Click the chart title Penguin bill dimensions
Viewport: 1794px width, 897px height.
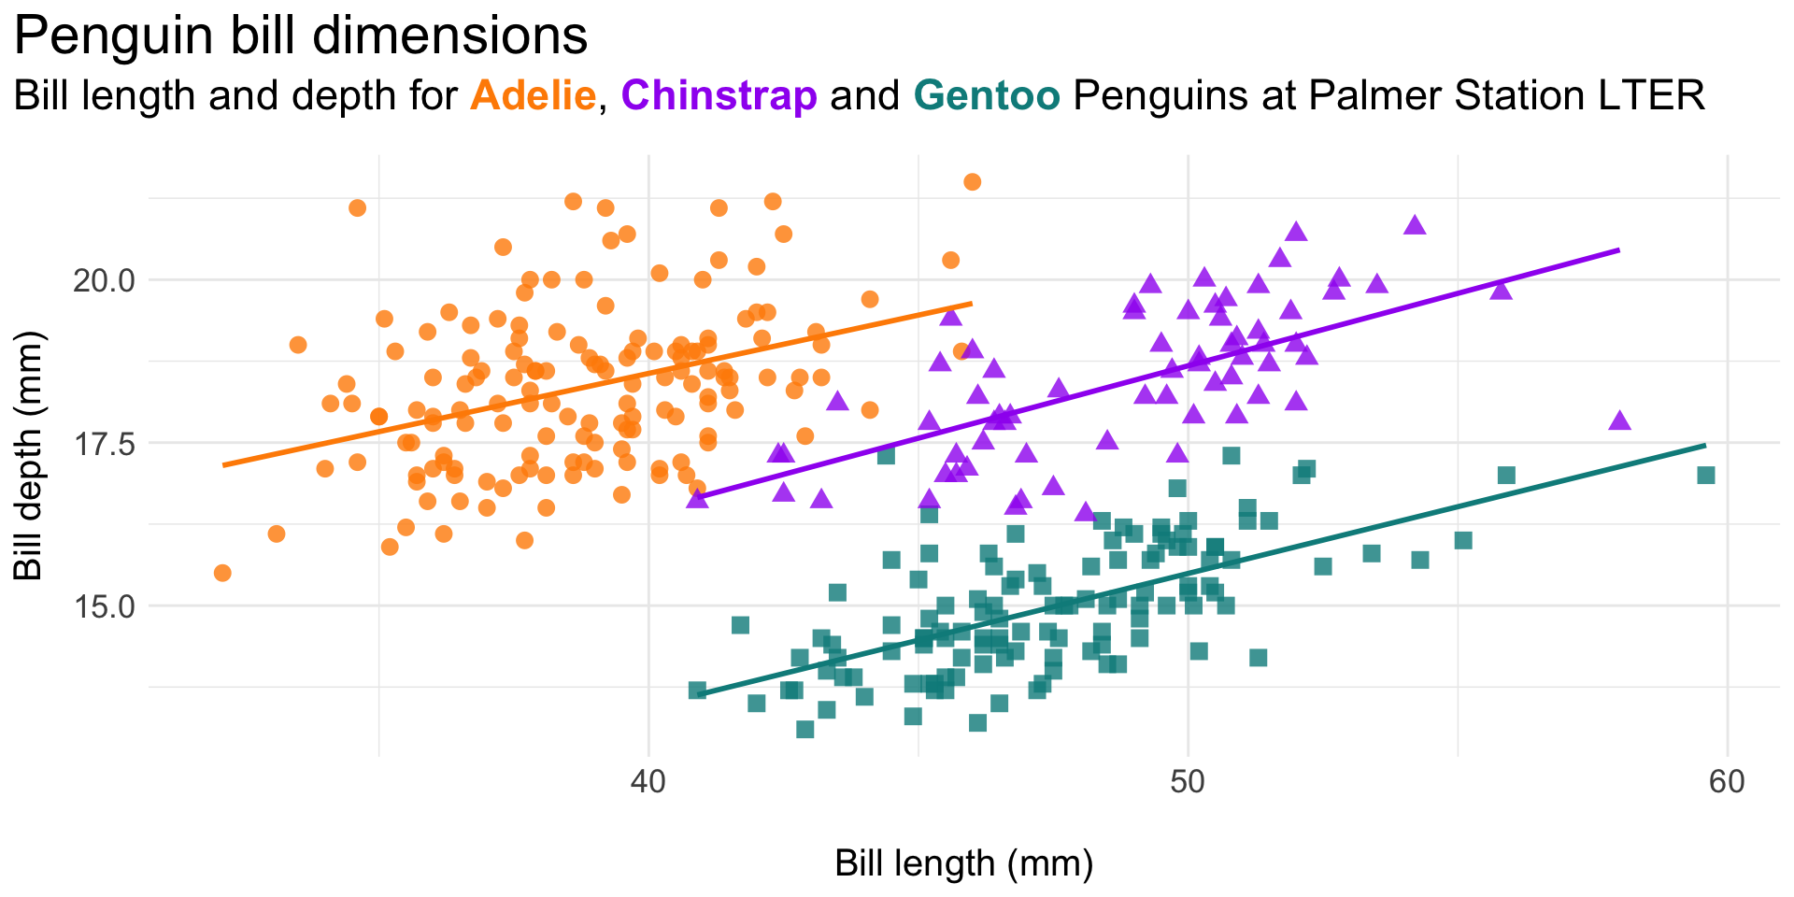(x=301, y=37)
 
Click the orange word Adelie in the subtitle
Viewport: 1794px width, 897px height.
(x=534, y=95)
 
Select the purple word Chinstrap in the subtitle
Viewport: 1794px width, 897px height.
(x=719, y=95)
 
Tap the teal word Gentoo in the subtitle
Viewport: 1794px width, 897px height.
(x=987, y=95)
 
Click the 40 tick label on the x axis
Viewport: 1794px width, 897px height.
(x=648, y=781)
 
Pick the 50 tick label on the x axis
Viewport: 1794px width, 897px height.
(x=1188, y=781)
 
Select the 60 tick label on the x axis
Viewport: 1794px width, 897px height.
(x=1727, y=781)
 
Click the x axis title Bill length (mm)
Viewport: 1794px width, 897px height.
(x=963, y=863)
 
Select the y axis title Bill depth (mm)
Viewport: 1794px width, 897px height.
(x=29, y=456)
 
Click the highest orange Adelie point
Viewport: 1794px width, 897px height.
(x=972, y=181)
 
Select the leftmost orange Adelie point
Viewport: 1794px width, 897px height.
(x=222, y=573)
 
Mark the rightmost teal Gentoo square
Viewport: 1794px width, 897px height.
(x=1706, y=476)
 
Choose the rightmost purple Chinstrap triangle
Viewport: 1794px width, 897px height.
(x=1619, y=421)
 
